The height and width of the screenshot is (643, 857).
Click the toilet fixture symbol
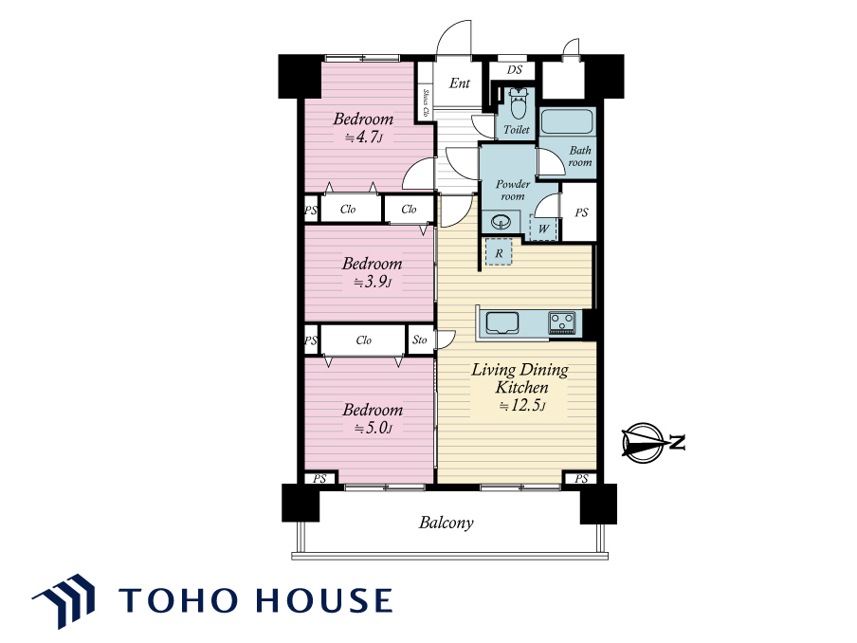pos(517,103)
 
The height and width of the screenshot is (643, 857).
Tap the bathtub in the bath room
pos(567,121)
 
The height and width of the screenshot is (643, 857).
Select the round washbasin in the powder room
pos(501,222)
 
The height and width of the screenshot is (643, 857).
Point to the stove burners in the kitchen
pos(562,322)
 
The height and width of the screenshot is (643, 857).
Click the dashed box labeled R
pos(499,252)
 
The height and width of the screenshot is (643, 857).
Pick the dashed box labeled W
pos(543,228)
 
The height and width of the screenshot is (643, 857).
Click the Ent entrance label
pos(460,83)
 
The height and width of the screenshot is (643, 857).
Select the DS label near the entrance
pos(515,69)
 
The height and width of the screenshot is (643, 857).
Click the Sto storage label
pos(420,340)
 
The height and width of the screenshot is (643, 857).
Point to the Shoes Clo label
pos(426,102)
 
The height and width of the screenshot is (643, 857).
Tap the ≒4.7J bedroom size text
pos(363,138)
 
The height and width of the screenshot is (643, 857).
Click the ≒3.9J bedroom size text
pos(373,282)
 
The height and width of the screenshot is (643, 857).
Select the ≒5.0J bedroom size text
pos(374,428)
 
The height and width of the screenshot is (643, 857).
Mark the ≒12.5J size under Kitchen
pos(522,406)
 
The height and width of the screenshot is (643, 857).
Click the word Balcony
pos(446,523)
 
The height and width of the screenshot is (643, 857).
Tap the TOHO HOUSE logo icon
pos(64,599)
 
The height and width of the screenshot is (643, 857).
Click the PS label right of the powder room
pos(581,212)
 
